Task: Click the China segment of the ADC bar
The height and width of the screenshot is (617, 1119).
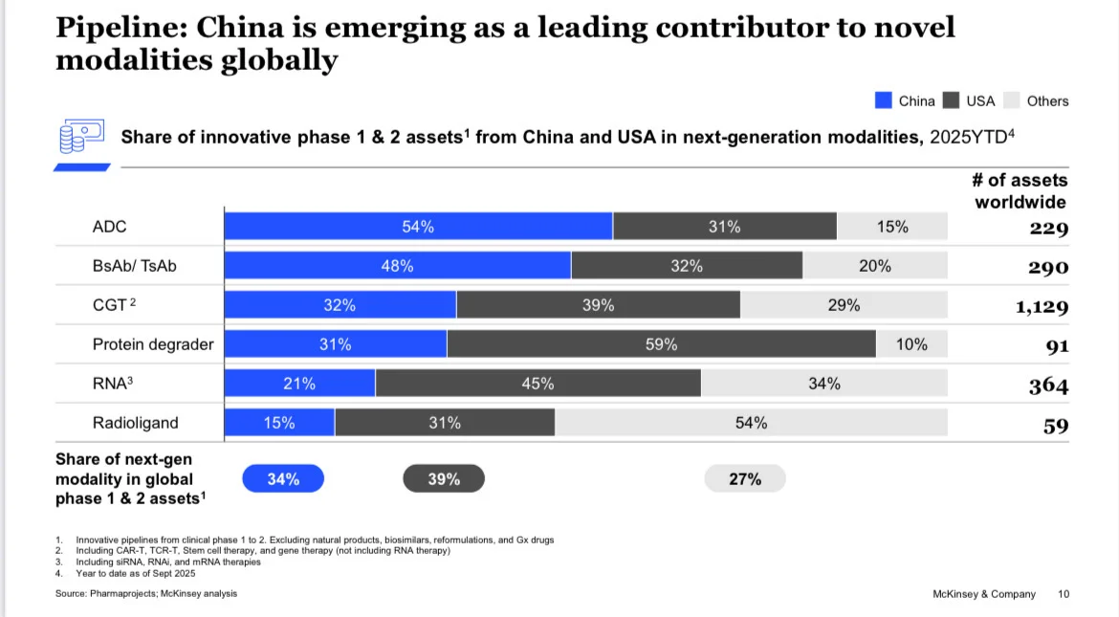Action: coord(418,227)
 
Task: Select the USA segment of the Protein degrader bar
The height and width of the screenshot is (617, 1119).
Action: coord(661,344)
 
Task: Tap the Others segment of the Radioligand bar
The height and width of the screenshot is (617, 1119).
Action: coord(751,423)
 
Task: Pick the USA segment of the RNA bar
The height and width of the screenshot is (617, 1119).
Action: coord(538,384)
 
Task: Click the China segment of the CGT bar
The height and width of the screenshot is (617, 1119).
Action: coord(340,305)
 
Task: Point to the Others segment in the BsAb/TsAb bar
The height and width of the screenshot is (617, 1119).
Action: coord(874,266)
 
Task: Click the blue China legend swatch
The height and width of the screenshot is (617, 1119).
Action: coord(883,100)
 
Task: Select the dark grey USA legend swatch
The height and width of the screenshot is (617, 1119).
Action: coord(951,100)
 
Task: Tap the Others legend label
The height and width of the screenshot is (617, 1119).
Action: coord(1047,100)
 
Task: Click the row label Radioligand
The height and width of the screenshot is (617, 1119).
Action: coord(135,423)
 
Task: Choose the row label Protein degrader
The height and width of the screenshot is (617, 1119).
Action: coord(152,344)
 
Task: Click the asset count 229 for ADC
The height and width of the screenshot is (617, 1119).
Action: coord(1048,228)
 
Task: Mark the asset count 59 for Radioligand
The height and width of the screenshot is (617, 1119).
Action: coord(1055,426)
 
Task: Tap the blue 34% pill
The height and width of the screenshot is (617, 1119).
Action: coord(283,479)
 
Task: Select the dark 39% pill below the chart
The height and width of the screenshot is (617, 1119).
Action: coord(444,479)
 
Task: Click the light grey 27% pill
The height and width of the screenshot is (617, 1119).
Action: coord(745,479)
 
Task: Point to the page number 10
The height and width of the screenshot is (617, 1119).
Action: coord(1064,594)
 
